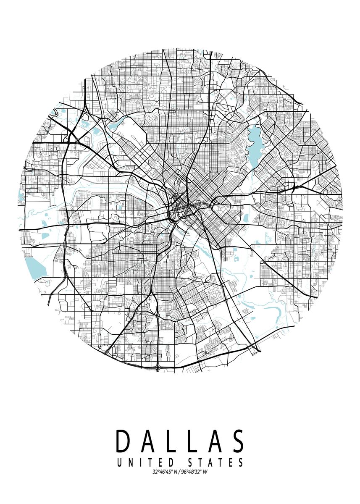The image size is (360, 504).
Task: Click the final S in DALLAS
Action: coord(238,441)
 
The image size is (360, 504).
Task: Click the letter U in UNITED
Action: coord(120,463)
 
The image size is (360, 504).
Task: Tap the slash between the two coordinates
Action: coord(179,472)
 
